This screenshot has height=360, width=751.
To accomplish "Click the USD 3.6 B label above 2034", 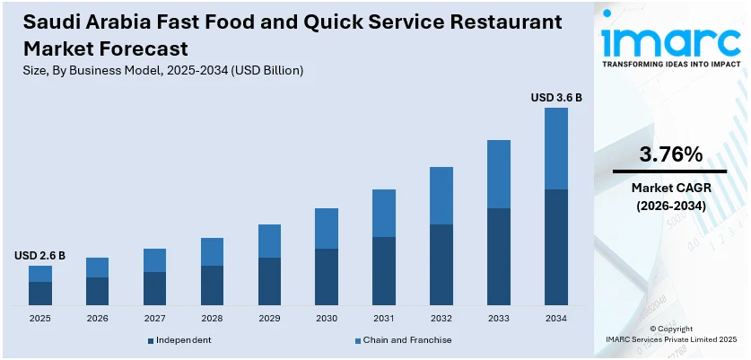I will coord(556,97).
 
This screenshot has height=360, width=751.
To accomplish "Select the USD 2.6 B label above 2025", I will coord(39,256).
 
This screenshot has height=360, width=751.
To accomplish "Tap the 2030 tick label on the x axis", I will coord(327,318).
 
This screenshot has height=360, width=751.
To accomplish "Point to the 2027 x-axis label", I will coord(154,318).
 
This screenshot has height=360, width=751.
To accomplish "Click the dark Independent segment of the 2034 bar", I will coord(556,247).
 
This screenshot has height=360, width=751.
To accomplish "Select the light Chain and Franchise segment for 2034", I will coord(556,148).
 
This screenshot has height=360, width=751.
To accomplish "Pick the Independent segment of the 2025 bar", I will coord(40,294).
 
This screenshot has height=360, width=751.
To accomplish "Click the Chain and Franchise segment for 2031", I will coord(384,213).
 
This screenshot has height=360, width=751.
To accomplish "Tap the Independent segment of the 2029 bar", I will coord(269,282).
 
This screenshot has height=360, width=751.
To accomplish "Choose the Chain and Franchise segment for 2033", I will coord(499,174).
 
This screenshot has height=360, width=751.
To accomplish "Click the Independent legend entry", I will coord(179,340).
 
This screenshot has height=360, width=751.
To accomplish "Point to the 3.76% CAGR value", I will coord(670,154).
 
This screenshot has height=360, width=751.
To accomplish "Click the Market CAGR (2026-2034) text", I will coord(670,197).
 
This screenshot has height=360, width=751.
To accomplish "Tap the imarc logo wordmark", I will coord(669,38).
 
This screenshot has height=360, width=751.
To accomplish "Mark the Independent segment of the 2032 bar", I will coord(441,265).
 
